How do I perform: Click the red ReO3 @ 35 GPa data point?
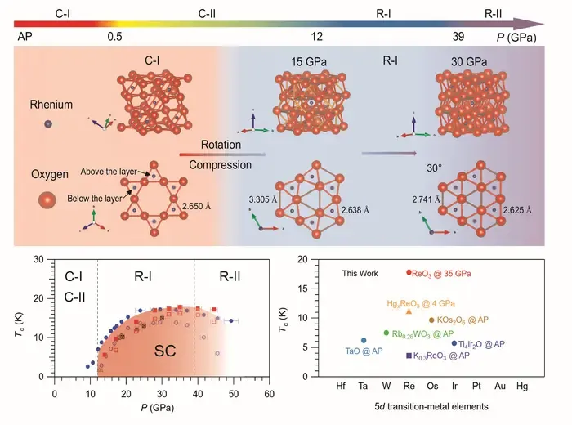409,272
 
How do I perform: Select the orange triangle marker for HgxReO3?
409,311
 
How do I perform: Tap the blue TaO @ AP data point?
364,340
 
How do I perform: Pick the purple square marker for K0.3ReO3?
409,356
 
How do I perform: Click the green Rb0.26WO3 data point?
387,333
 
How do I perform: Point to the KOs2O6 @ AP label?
463,320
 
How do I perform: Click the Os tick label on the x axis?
432,386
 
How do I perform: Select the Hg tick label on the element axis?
522,386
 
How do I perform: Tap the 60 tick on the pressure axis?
269,394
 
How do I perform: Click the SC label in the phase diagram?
165,351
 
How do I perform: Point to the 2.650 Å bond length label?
197,206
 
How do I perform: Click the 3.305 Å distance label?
263,199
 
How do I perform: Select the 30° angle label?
435,168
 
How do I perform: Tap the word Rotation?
221,145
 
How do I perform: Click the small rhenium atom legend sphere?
48,124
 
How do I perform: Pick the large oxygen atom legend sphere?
47,200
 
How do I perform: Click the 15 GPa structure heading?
309,61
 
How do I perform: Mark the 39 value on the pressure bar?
458,37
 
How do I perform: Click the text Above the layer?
109,172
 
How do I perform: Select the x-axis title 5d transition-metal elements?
431,406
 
